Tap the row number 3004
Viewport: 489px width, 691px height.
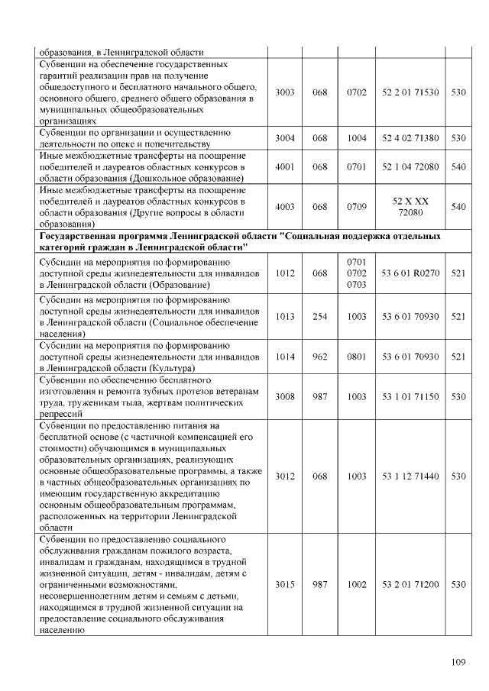pyautogui.click(x=284, y=138)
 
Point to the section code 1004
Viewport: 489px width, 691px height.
pyautogui.click(x=357, y=138)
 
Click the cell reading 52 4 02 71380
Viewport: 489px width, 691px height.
pyautogui.click(x=410, y=138)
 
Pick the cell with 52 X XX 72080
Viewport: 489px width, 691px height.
pyautogui.click(x=410, y=207)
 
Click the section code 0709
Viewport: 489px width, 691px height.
pyautogui.click(x=357, y=207)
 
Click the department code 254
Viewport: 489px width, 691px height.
pyautogui.click(x=319, y=315)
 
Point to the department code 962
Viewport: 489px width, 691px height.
pyautogui.click(x=319, y=356)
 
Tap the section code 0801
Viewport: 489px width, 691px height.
pyautogui.click(x=357, y=356)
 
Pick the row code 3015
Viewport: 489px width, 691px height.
pyautogui.click(x=284, y=584)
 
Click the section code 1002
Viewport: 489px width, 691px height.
pyautogui.click(x=357, y=584)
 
